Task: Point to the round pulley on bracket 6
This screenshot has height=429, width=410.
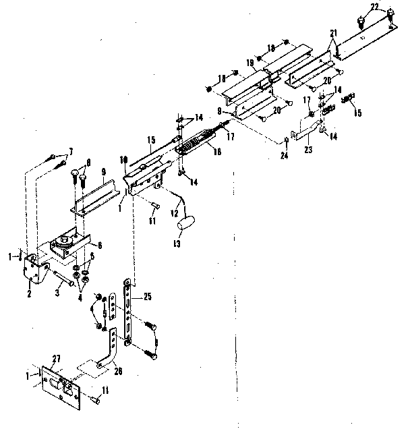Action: (65, 239)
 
